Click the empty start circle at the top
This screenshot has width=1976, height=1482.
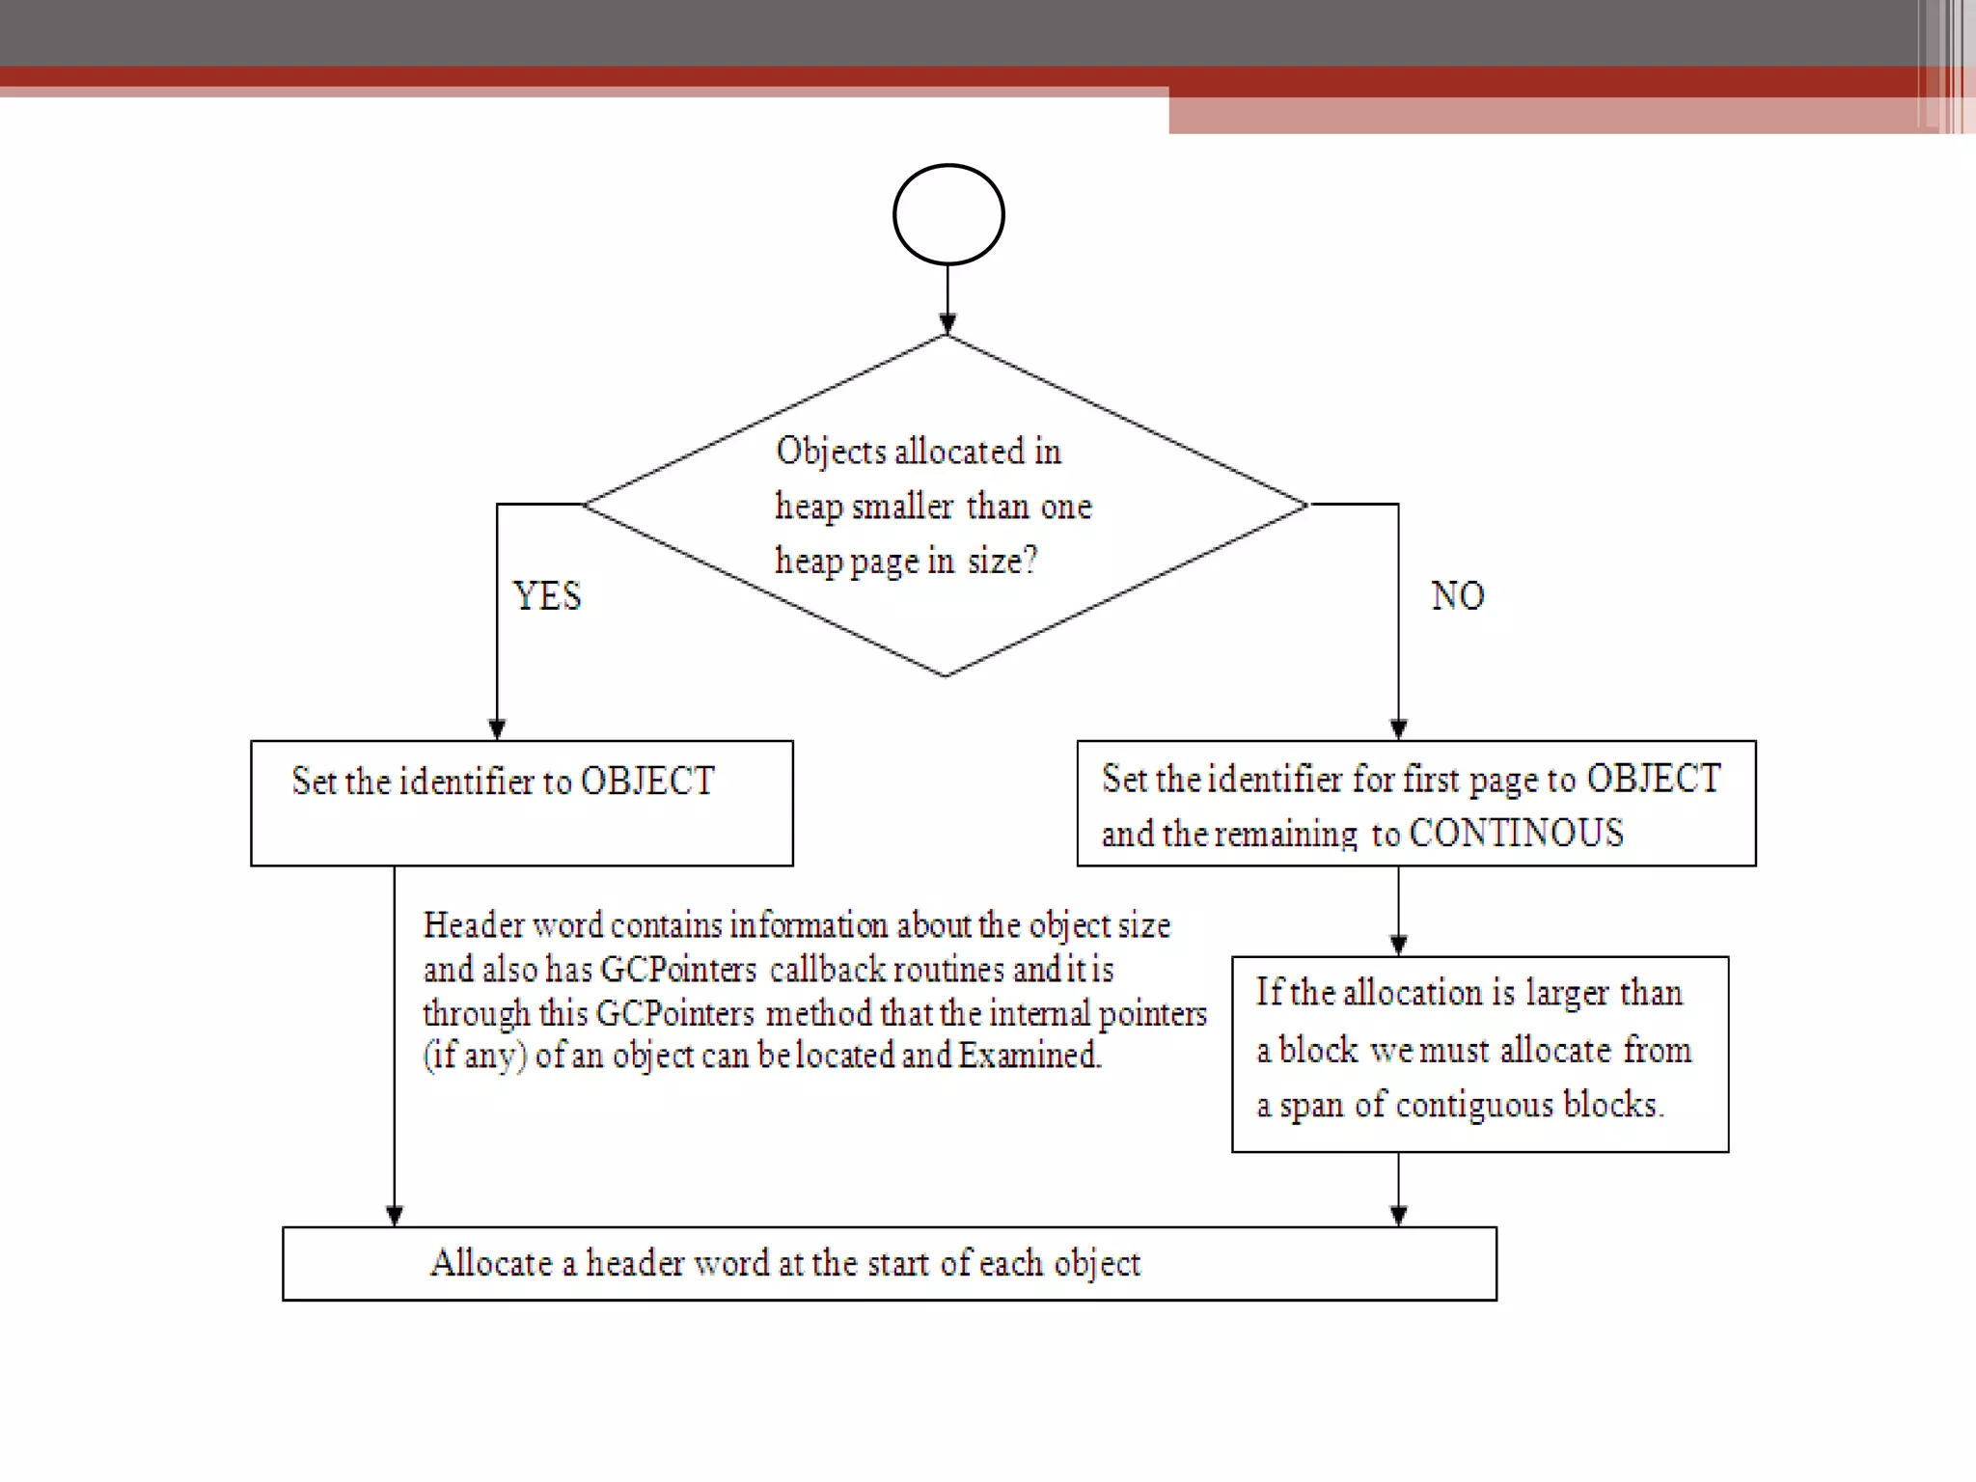coord(948,214)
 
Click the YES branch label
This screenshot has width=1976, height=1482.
coord(547,596)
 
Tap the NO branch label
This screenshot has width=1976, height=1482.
coord(1457,596)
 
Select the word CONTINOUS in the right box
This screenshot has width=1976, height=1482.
coord(1516,834)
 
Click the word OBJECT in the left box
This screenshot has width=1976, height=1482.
coord(647,782)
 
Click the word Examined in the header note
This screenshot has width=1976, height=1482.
coord(1029,1055)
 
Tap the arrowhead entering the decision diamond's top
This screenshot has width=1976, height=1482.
coord(947,323)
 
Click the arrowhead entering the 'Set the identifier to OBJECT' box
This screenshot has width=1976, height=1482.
coord(497,728)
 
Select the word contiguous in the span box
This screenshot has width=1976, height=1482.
coord(1474,1105)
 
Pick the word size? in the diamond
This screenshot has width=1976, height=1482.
coord(1002,561)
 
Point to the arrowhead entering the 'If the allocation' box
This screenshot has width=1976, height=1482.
coord(1398,945)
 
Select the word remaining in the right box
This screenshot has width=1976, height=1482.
coord(1284,834)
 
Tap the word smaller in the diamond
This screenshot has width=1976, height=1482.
coord(902,507)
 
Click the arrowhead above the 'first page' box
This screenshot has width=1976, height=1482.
coord(1398,728)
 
